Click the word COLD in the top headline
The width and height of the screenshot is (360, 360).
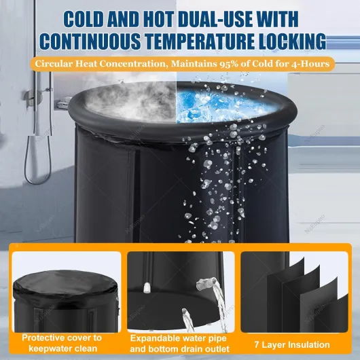coord(84,19)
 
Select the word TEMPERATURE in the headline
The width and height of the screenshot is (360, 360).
coord(198,41)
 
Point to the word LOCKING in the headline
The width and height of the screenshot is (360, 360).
coord(291,41)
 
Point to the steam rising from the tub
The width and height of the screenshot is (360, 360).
coord(131,96)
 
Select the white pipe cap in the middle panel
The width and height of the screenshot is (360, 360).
coord(147,287)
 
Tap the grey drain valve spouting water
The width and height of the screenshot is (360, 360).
coord(204,283)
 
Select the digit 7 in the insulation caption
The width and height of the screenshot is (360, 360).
coord(257,345)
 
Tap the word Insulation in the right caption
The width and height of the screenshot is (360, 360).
coord(309,345)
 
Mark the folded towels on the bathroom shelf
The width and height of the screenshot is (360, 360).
coord(63,103)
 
